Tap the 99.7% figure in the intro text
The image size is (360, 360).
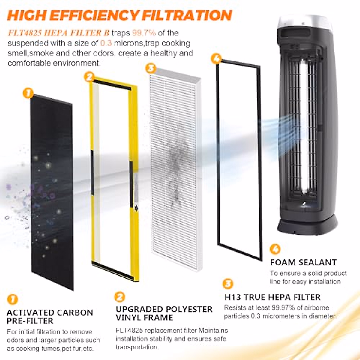tap(144, 33)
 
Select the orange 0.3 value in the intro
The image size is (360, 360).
tap(106, 43)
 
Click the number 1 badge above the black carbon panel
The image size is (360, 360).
tap(28, 93)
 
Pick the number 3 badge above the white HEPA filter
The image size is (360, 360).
tap(151, 68)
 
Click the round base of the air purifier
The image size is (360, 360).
tap(307, 226)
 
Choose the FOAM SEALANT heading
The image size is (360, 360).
tap(303, 262)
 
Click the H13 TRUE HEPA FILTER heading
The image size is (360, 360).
tap(272, 297)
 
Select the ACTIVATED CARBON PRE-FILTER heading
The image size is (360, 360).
tap(50, 316)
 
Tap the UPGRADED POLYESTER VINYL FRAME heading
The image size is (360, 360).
tap(164, 313)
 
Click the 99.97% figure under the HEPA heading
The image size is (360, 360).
tap(282, 307)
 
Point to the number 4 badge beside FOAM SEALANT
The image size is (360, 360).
tap(275, 249)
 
